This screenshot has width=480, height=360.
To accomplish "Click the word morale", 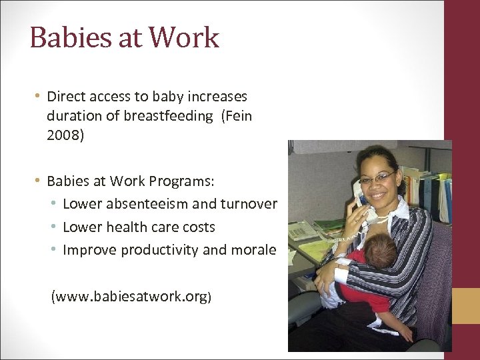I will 254,250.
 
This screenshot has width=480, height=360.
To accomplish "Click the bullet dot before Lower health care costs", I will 54,227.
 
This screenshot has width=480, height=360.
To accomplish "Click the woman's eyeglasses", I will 377,179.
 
